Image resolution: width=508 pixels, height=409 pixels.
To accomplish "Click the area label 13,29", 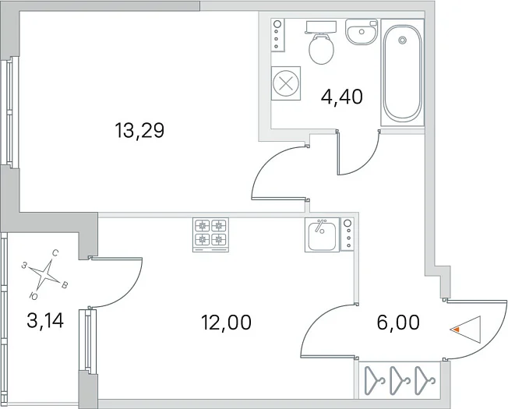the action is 139,131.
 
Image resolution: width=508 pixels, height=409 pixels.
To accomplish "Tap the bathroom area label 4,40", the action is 341,97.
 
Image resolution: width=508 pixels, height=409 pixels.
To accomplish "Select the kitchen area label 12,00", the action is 226,323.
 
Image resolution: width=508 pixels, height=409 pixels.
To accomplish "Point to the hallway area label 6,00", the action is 398,323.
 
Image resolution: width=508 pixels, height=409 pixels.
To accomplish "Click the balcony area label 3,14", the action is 45,321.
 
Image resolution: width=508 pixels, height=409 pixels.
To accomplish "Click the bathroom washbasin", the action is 362,31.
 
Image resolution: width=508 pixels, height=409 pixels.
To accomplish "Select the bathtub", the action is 402,72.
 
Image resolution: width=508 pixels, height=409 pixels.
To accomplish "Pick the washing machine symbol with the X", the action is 286,83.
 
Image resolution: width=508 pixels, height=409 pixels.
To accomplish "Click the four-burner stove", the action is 210,234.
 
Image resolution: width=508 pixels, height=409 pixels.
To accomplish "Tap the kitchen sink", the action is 322,234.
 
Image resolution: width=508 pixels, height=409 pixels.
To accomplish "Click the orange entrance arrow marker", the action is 456,330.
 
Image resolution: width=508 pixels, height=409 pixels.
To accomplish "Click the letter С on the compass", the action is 55,253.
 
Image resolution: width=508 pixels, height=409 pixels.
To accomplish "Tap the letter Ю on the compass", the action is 34,296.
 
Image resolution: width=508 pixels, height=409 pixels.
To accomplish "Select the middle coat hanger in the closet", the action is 400,380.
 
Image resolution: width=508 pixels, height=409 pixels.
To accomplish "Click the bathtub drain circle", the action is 402,40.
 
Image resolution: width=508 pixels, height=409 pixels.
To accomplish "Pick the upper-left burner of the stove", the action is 203,225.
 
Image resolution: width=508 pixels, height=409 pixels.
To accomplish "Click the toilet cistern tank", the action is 321,27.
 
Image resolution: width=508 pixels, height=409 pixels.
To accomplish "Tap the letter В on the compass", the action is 65,285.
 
